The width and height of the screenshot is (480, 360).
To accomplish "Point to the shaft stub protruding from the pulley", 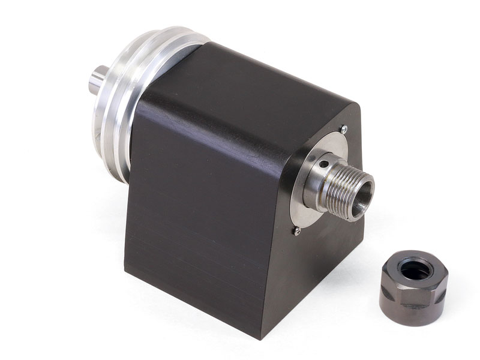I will [98, 81].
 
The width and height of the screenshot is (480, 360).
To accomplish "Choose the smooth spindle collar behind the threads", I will [318, 180].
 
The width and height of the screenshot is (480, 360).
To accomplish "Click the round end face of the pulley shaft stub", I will [94, 81].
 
